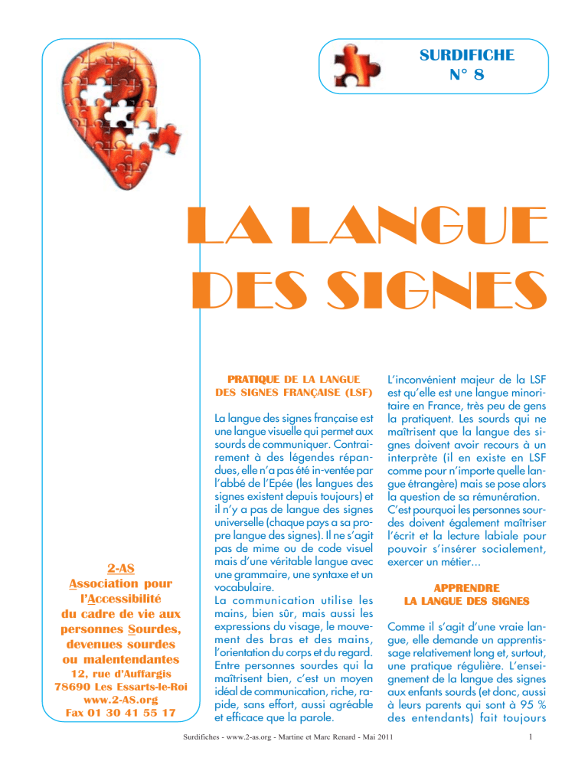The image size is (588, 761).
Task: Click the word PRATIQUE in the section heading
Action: (x=246, y=378)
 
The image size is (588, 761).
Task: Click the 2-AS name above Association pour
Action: (x=119, y=570)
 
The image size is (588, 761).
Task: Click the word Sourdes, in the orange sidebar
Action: (x=152, y=629)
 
